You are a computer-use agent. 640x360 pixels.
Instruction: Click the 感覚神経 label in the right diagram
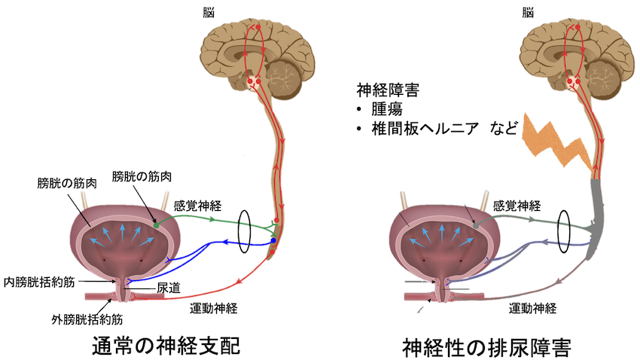[x=517, y=204]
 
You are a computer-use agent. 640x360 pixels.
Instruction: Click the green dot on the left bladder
[x=156, y=224]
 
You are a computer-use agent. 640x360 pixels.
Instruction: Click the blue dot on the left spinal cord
[x=273, y=241]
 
